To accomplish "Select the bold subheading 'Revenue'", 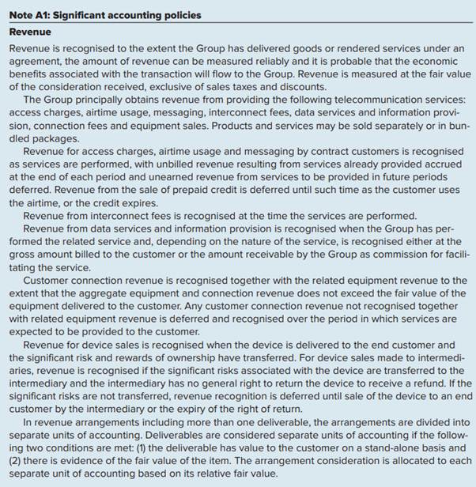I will (x=30, y=32).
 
